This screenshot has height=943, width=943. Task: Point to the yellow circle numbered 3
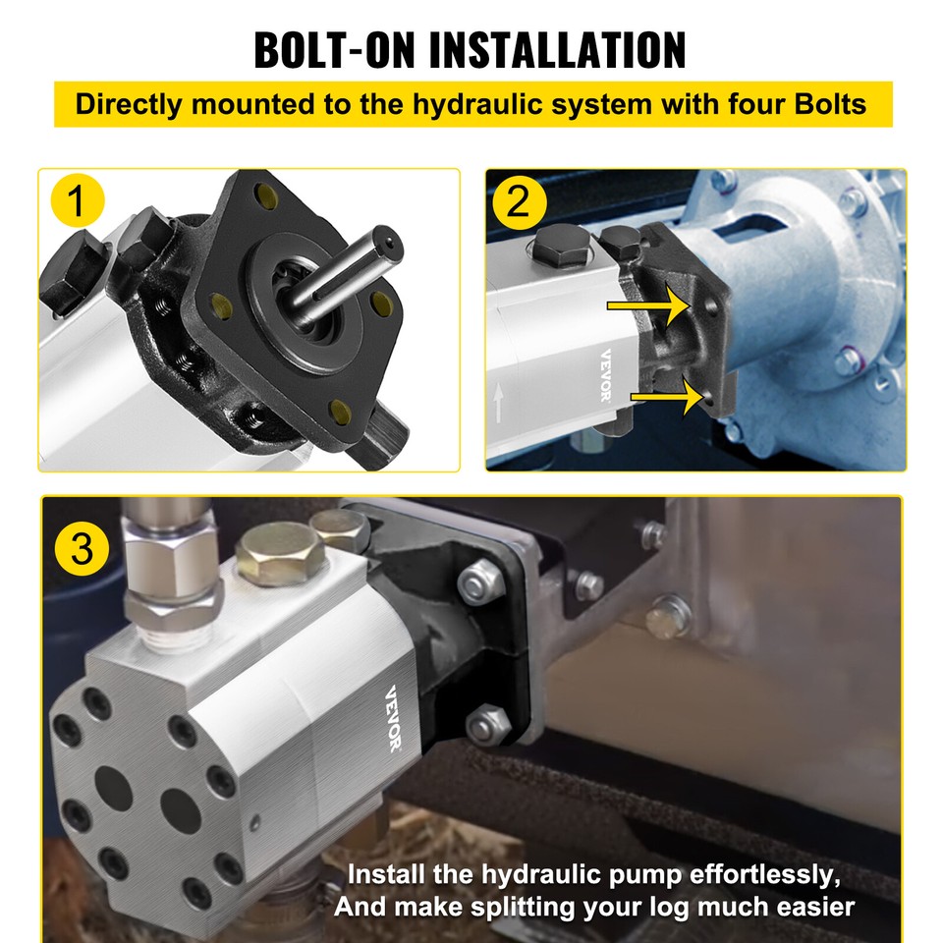[x=83, y=547]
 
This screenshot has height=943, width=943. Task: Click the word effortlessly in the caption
[x=748, y=874]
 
